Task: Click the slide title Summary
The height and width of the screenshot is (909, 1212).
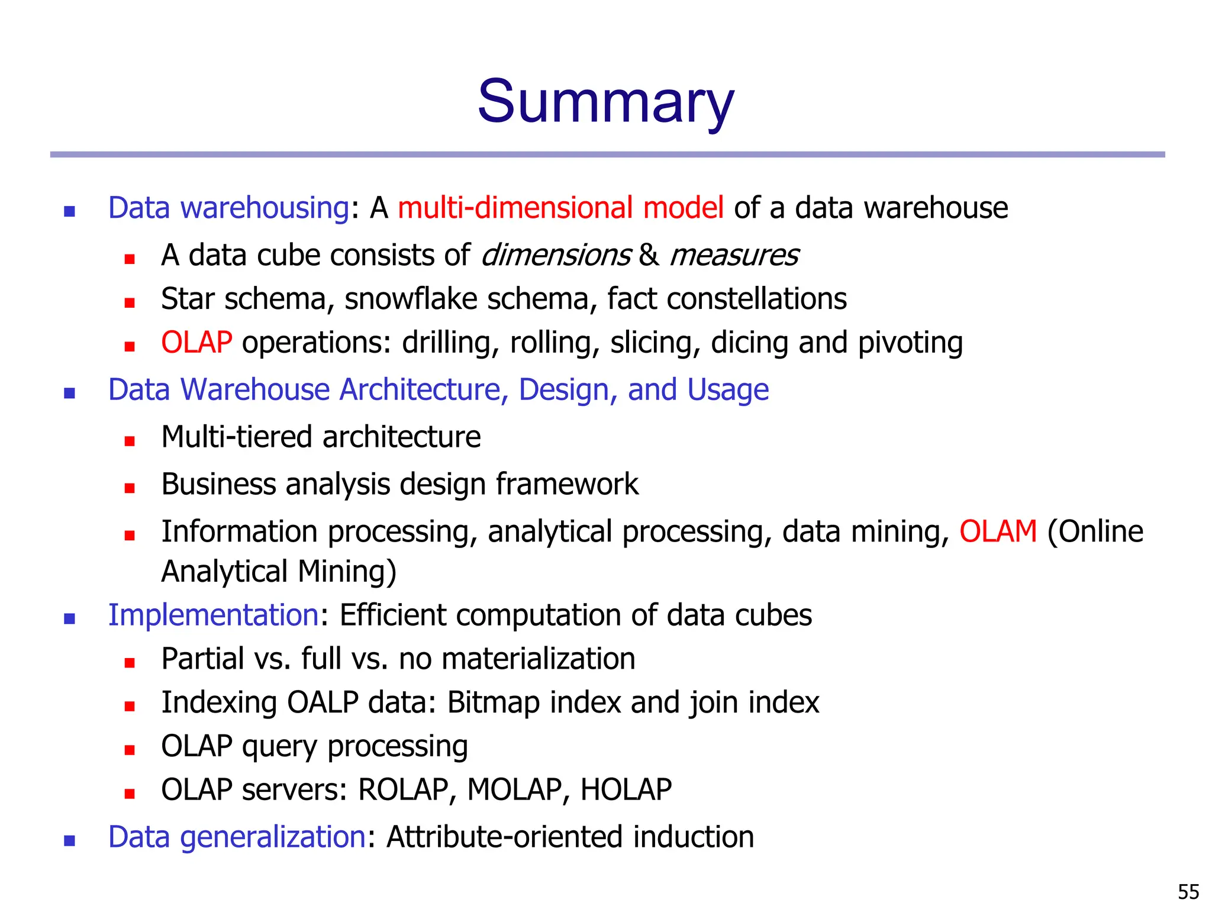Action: coord(605,102)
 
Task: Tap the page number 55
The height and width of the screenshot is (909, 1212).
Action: coord(1188,891)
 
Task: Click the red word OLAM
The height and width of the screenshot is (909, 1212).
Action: coord(998,531)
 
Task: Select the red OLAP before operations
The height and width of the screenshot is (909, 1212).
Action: coord(196,343)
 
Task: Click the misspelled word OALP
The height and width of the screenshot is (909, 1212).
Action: coord(323,702)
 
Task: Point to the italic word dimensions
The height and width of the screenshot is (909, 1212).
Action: coord(556,256)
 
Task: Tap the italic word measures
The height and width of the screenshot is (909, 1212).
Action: coord(734,256)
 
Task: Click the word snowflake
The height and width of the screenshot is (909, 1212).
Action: coord(411,299)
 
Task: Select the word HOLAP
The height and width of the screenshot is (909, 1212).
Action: coord(626,789)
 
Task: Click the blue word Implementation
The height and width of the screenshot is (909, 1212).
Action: coord(214,615)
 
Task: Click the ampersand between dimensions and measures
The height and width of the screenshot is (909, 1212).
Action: coord(649,256)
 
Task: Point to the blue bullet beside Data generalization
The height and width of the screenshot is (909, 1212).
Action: coord(70,840)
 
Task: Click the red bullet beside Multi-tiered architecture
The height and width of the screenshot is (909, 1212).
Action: coord(130,440)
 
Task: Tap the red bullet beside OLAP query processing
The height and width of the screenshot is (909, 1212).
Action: coord(130,750)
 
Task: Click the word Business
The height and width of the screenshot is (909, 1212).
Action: coord(218,484)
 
